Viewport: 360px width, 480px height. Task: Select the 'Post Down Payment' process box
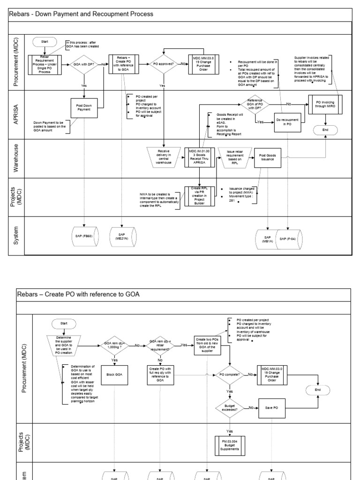coord(83,108)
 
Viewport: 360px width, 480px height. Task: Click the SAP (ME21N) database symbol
coord(122,237)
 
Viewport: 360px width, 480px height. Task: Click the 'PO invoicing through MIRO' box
coord(325,104)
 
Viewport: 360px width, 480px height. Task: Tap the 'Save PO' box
coord(272,407)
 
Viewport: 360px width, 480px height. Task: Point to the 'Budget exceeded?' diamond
coord(229,408)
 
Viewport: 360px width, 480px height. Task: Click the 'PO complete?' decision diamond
coord(229,375)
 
